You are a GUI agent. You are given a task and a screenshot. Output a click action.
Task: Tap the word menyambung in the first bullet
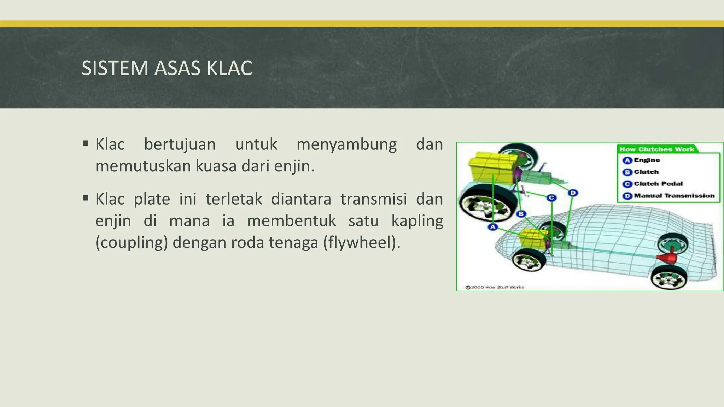(x=346, y=144)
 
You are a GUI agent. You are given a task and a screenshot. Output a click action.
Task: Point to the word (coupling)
(x=132, y=243)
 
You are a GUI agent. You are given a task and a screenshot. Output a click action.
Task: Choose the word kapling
(x=417, y=221)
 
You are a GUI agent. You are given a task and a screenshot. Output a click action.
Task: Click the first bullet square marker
(x=86, y=143)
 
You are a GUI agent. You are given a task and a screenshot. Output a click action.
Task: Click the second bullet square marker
(x=86, y=198)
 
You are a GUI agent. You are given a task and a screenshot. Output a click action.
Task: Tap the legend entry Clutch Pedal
(x=658, y=184)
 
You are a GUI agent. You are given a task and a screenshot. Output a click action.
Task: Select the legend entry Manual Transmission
(x=674, y=196)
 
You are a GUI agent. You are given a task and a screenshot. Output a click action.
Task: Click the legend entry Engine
(x=647, y=160)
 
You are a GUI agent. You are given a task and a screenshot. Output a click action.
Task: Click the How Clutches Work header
(x=656, y=149)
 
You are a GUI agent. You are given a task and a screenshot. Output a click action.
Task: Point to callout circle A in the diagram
(x=492, y=227)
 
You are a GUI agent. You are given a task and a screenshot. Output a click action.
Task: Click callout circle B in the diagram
(x=521, y=213)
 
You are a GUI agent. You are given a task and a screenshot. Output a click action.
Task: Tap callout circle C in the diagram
(x=551, y=198)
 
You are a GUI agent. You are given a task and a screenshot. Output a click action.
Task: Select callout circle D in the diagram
(x=573, y=193)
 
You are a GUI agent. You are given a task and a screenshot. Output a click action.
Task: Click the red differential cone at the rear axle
(x=667, y=259)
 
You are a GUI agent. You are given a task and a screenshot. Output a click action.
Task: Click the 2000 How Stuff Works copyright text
(x=495, y=287)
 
